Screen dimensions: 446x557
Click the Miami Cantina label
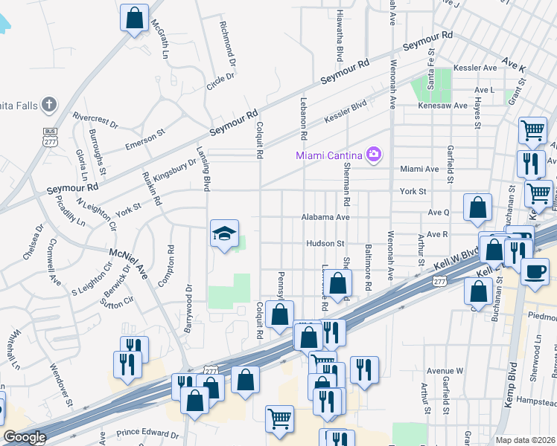click(x=328, y=155)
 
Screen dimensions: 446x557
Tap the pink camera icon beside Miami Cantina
click(x=374, y=155)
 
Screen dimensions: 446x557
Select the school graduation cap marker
click(x=224, y=233)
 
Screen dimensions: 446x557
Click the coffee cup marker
click(x=534, y=271)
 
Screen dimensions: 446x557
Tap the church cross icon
click(x=49, y=103)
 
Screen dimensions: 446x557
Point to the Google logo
click(x=25, y=437)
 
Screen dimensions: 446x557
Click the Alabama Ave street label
click(x=325, y=218)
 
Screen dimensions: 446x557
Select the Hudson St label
click(x=325, y=243)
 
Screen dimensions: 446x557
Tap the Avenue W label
click(x=445, y=370)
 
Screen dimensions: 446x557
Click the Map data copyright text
click(x=525, y=440)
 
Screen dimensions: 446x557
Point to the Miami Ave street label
click(x=419, y=169)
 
